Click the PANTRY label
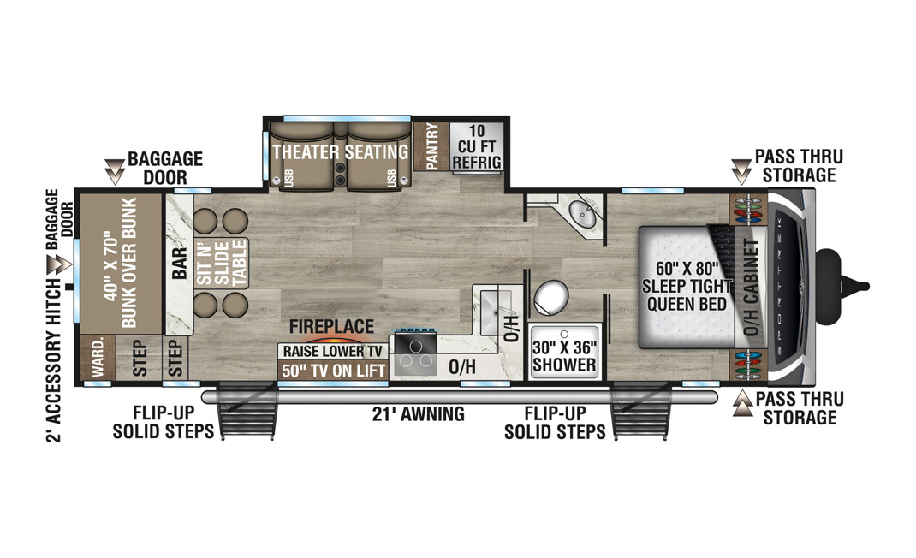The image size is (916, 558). (x=431, y=146)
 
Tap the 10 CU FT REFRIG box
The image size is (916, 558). (x=477, y=146)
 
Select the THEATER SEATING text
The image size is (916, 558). (x=341, y=152)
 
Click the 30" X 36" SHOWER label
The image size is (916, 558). (x=564, y=356)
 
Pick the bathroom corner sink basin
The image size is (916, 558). (x=582, y=214)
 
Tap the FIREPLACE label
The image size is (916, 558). (x=331, y=326)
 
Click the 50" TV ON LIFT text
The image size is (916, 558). (x=333, y=371)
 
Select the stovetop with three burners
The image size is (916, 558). (x=415, y=354)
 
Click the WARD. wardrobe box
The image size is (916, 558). (x=97, y=358)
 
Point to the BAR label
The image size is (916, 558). (x=179, y=263)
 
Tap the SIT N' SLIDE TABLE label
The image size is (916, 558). (x=222, y=264)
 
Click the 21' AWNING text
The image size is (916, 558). (x=419, y=414)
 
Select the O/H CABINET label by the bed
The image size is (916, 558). (x=750, y=287)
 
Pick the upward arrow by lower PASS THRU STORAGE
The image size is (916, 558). (x=742, y=404)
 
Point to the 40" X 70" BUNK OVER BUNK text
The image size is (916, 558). (x=120, y=263)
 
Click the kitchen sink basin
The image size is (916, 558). (x=496, y=312)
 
